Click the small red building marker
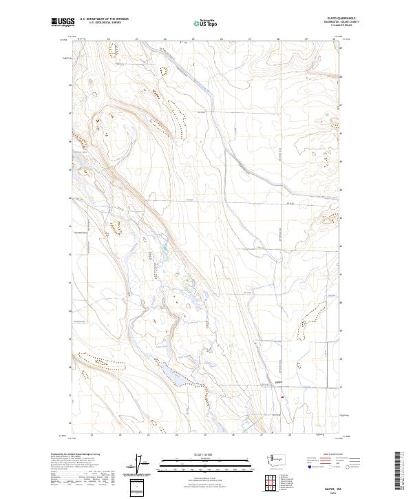pyautogui.click(x=282, y=395)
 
